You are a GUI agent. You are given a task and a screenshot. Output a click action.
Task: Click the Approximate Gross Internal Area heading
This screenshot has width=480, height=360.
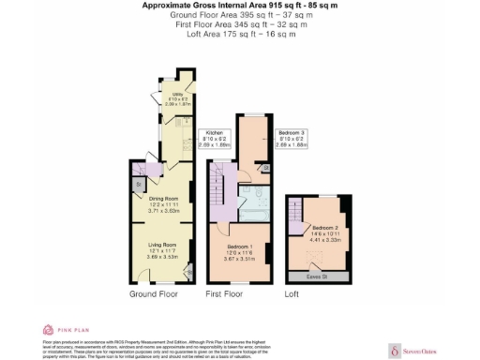[240, 6]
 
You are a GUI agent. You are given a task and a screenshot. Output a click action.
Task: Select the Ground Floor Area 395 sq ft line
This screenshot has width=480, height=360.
[240, 16]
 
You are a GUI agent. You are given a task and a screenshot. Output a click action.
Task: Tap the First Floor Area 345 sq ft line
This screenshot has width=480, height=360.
[240, 25]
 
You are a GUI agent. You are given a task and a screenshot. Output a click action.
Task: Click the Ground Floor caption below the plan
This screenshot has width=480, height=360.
[154, 294]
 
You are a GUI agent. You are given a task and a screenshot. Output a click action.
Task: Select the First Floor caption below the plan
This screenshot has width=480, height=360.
[224, 294]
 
